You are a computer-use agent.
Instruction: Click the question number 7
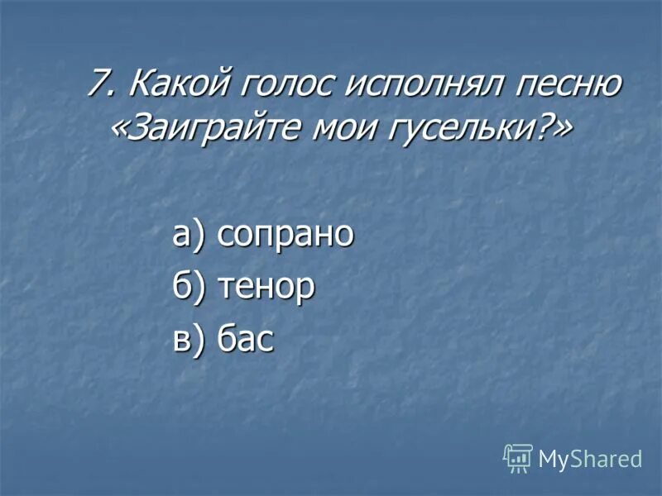click(99, 84)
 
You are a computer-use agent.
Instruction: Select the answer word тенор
click(266, 287)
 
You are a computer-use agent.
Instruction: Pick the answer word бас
click(245, 339)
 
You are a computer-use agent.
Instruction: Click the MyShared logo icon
click(518, 457)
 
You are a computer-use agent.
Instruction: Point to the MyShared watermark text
click(590, 459)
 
